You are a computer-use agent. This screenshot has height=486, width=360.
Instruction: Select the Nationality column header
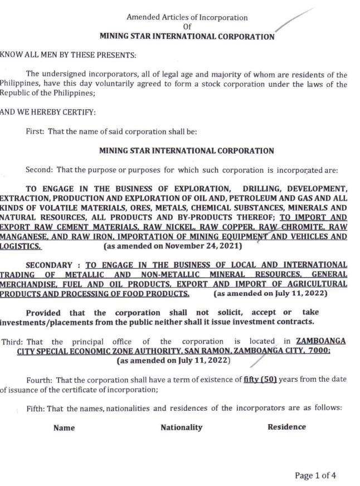(x=181, y=427)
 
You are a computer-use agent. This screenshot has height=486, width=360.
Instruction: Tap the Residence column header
(x=286, y=427)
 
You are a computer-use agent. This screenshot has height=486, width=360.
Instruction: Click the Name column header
(x=64, y=428)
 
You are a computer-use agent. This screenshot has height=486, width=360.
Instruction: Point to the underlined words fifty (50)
(x=262, y=380)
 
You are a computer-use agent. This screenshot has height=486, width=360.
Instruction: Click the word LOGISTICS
(x=20, y=246)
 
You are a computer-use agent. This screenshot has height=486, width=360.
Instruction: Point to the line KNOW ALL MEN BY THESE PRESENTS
(x=68, y=55)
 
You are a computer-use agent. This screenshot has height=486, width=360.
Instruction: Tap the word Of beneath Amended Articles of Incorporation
(x=187, y=27)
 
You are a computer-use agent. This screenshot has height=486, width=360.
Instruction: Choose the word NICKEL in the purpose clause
(x=173, y=226)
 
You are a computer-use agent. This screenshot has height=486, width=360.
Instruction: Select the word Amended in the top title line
(x=143, y=17)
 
